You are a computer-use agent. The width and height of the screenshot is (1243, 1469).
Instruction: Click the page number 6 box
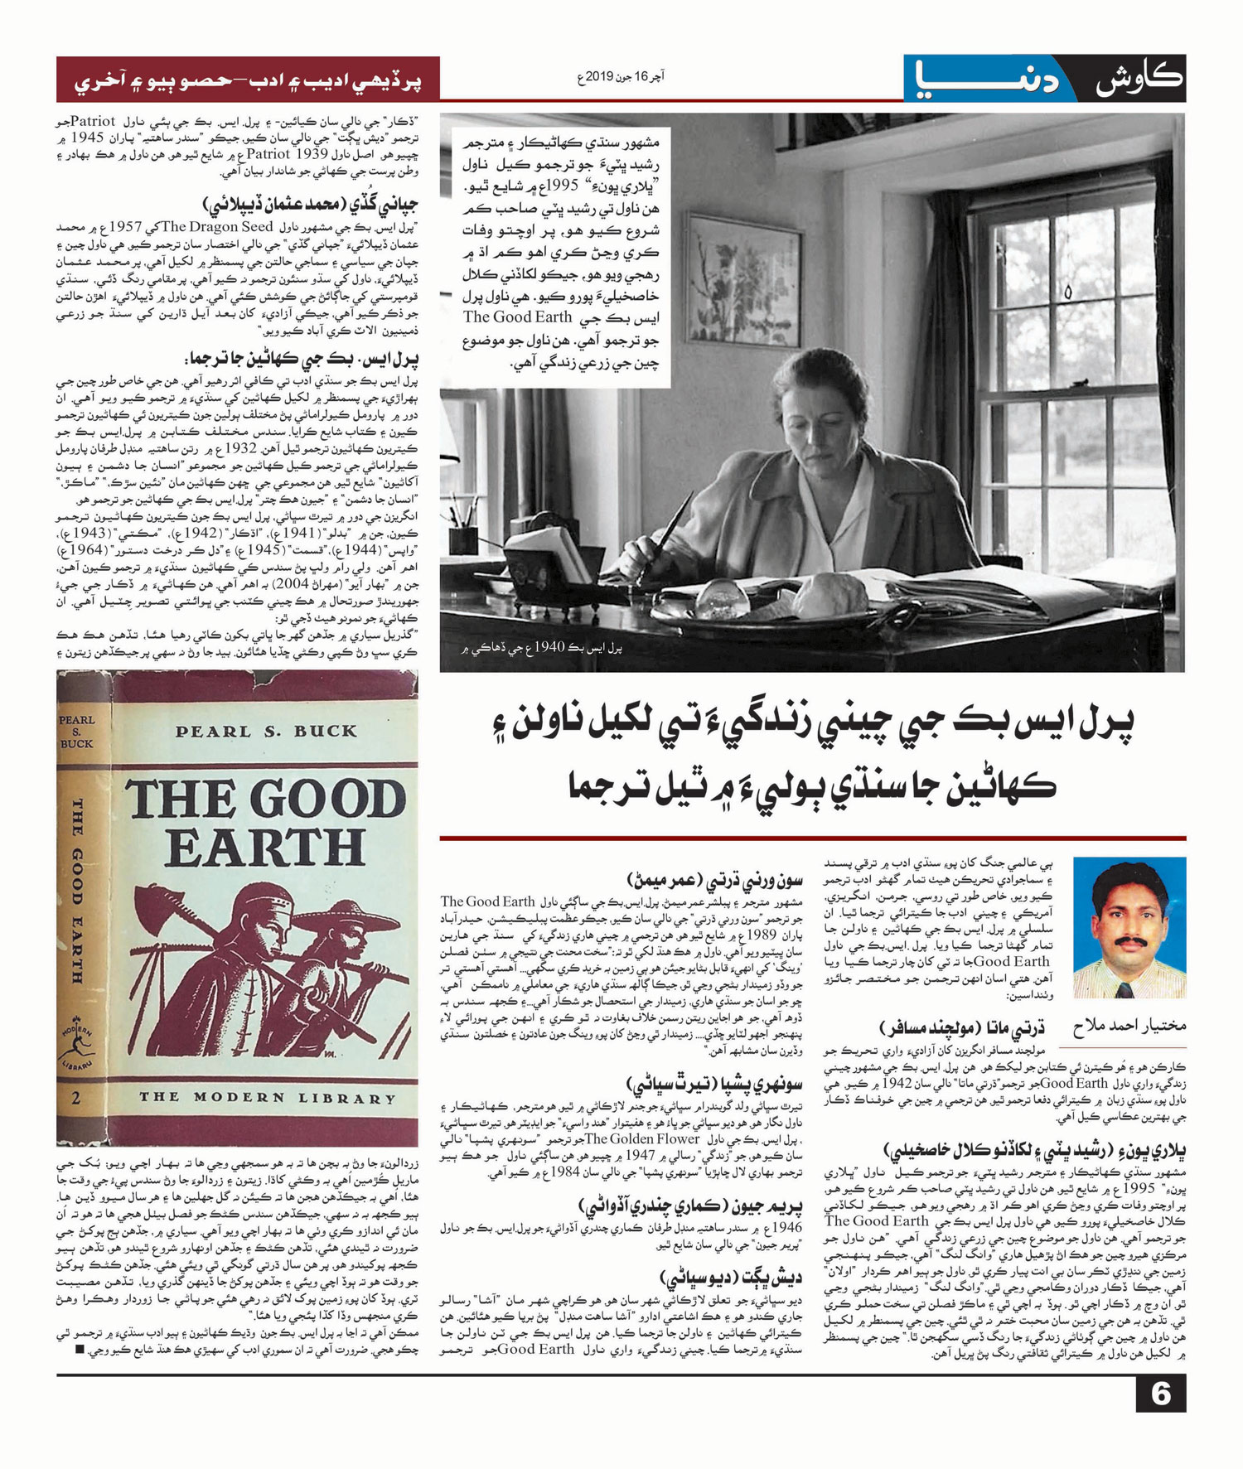[1160, 1394]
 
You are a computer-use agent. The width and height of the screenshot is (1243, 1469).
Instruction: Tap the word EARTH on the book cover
[265, 847]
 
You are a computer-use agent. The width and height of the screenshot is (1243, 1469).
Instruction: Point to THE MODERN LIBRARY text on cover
[267, 1098]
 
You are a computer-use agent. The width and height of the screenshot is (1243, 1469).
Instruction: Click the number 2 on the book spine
[76, 1099]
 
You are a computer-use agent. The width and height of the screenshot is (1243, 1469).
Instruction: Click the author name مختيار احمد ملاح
[1129, 1026]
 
